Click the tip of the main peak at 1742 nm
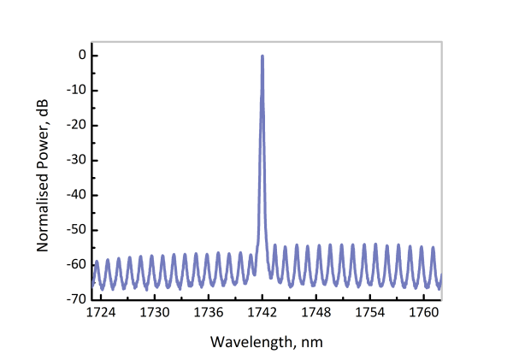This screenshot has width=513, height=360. [262, 56]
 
